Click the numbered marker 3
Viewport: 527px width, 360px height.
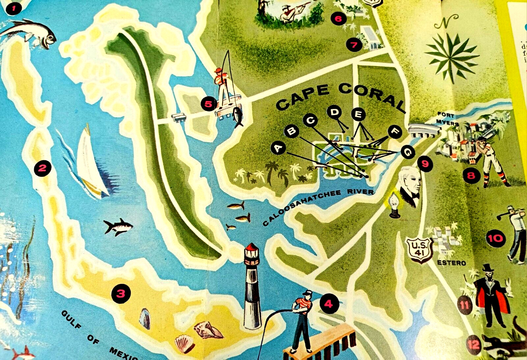click(121, 293)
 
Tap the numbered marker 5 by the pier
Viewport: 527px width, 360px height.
click(208, 104)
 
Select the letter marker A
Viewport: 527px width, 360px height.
click(279, 148)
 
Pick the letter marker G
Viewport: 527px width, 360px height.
click(408, 152)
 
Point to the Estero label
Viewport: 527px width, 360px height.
click(451, 263)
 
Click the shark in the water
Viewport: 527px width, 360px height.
click(118, 227)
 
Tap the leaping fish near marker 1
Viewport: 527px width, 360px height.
click(31, 33)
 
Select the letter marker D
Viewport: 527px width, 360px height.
click(335, 112)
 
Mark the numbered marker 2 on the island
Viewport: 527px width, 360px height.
click(42, 168)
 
